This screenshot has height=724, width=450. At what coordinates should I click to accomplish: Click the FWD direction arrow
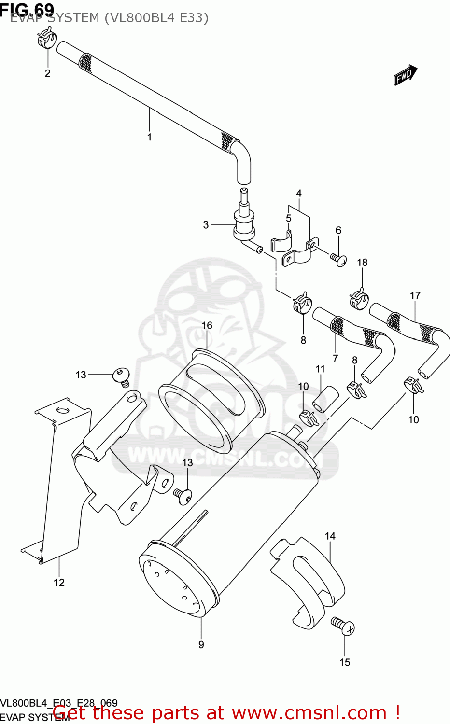(x=405, y=75)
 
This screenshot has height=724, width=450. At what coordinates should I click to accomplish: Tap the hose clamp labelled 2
(x=47, y=38)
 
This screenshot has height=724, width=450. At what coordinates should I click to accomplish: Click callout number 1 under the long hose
(x=149, y=137)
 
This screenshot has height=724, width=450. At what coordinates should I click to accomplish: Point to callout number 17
(x=415, y=295)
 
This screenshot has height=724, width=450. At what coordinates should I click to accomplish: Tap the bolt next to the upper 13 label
(x=121, y=376)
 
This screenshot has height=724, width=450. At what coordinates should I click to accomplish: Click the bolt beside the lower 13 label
(x=183, y=496)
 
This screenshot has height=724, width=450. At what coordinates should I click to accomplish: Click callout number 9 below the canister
(x=201, y=644)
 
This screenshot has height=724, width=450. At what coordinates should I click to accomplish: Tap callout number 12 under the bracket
(x=59, y=583)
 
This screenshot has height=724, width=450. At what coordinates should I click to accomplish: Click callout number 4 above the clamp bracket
(x=299, y=194)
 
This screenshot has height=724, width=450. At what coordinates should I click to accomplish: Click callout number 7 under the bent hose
(x=335, y=358)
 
